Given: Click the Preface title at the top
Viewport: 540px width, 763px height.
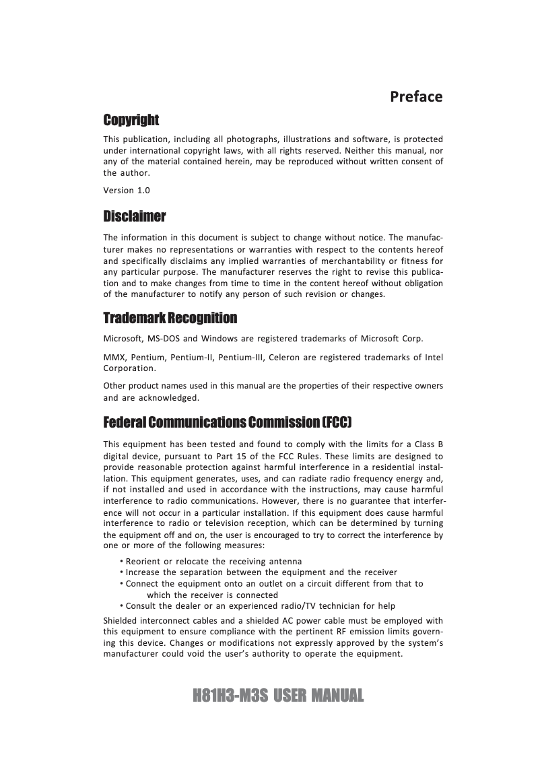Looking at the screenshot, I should pos(416,96).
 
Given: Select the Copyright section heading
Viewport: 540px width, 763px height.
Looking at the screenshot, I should pos(131,120).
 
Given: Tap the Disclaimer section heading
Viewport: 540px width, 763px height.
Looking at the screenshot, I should pos(134,217).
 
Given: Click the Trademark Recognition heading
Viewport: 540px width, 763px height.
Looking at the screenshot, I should pos(170,317).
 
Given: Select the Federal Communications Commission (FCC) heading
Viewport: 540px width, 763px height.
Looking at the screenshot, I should pos(228,422).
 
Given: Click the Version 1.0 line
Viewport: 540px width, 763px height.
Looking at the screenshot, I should pos(127,191).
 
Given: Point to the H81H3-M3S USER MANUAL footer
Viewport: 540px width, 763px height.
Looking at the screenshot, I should pos(278,695).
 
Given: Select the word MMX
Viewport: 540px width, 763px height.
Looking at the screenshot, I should pos(114,357).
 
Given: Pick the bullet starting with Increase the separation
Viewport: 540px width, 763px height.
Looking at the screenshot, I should pos(261,572).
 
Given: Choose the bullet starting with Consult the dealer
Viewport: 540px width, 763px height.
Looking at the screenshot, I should pos(260,605).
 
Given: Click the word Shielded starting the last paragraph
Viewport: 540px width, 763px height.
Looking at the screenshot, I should pos(122,620).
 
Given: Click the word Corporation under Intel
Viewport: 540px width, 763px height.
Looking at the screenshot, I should pos(129,368).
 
